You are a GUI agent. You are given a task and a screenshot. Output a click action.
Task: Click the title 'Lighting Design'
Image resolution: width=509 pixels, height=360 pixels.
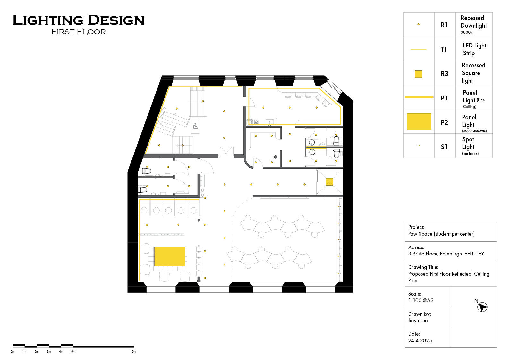pyautogui.click(x=79, y=20)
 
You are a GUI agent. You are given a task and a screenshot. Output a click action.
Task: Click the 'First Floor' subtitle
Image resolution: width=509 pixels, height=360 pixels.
pyautogui.click(x=79, y=32)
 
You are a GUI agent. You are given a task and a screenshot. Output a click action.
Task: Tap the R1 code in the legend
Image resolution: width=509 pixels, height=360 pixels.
pyautogui.click(x=444, y=25)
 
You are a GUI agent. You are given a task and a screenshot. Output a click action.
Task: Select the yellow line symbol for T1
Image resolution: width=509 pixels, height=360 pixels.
pyautogui.click(x=418, y=49)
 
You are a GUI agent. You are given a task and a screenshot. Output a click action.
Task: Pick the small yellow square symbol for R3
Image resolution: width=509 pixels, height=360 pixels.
pyautogui.click(x=418, y=74)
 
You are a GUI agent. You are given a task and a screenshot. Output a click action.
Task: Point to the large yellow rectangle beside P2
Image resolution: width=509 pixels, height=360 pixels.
pyautogui.click(x=419, y=121)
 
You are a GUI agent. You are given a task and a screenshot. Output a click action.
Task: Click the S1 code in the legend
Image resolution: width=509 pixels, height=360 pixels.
pyautogui.click(x=444, y=147)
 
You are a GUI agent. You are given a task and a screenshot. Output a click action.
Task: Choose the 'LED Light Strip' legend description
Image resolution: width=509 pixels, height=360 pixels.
pyautogui.click(x=474, y=49)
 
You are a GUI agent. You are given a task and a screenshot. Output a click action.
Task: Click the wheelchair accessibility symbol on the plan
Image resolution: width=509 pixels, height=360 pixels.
pyautogui.click(x=195, y=126)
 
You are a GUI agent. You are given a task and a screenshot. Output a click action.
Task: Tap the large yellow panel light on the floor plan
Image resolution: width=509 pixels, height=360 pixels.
pyautogui.click(x=169, y=256)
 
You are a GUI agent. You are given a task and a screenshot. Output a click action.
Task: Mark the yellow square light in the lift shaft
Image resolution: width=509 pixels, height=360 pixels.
pyautogui.click(x=329, y=182)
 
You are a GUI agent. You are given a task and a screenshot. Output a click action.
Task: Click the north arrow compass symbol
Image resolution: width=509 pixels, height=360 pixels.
pyautogui.click(x=482, y=307)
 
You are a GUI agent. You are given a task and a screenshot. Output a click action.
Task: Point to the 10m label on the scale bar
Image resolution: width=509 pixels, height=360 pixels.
pyautogui.click(x=133, y=352)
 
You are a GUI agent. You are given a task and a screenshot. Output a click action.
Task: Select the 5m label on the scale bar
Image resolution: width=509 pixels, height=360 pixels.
pyautogui.click(x=73, y=352)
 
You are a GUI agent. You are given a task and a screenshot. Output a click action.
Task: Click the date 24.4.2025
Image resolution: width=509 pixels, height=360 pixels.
pyautogui.click(x=420, y=340)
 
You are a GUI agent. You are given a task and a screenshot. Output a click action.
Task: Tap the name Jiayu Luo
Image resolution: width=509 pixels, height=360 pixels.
pyautogui.click(x=418, y=320)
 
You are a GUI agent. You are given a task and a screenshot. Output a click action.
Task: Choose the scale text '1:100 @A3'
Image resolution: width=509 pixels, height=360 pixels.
pyautogui.click(x=420, y=300)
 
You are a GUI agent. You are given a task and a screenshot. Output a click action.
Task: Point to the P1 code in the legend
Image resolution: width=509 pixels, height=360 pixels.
pyautogui.click(x=444, y=98)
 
